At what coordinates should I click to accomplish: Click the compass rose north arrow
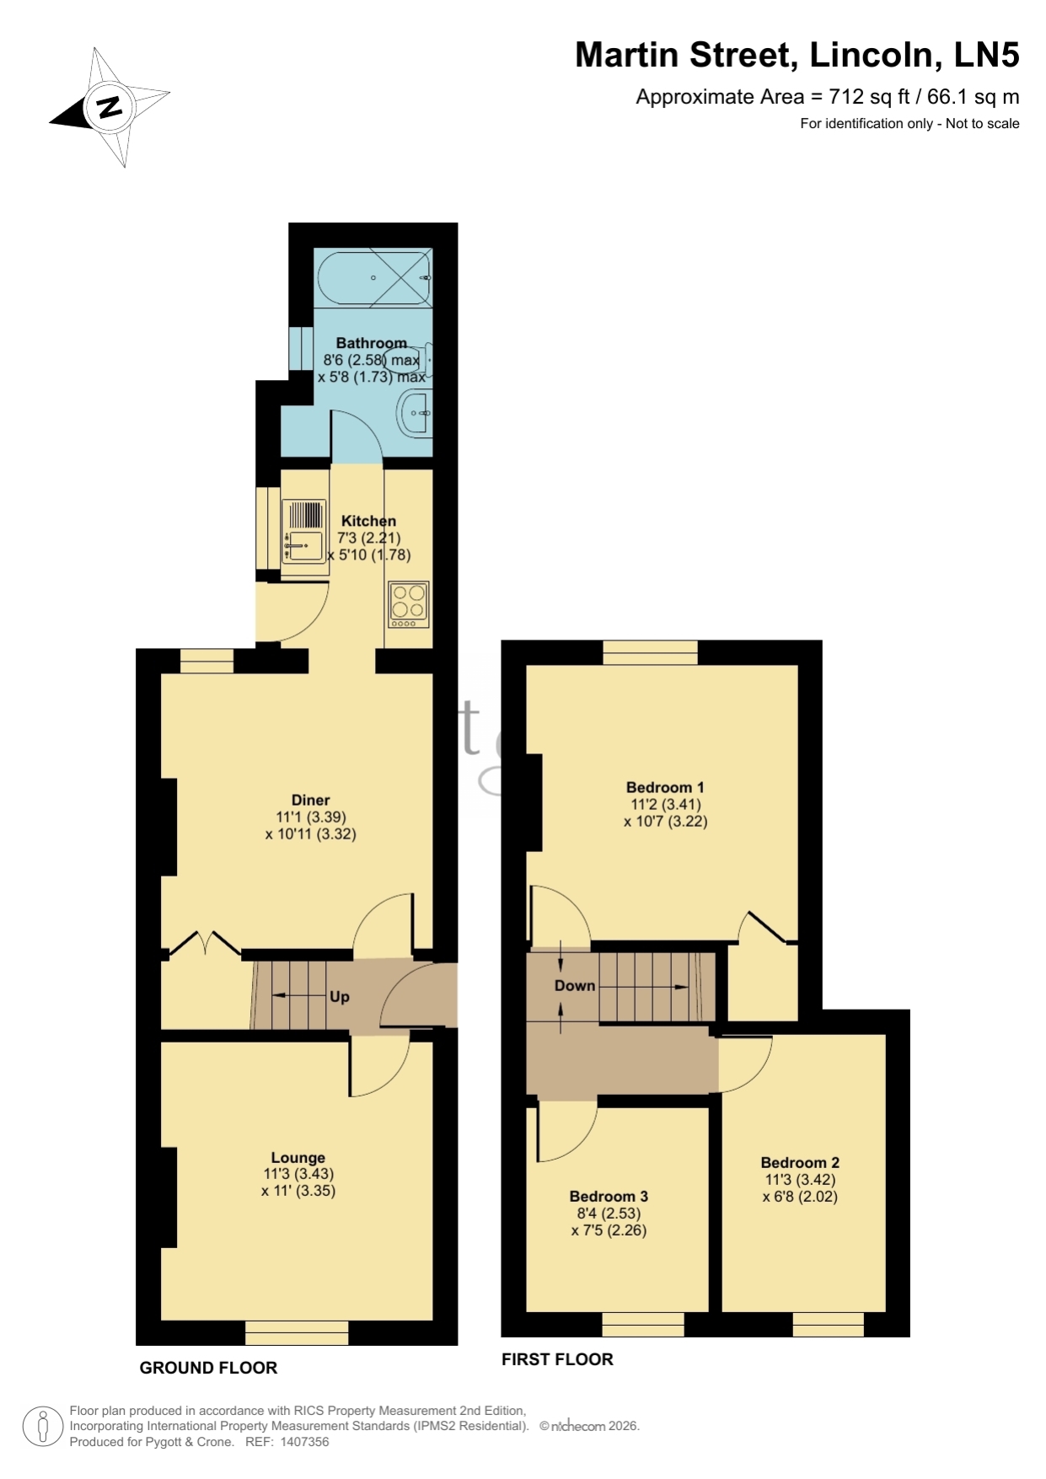click(x=109, y=107)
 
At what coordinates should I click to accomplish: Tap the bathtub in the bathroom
click(x=374, y=277)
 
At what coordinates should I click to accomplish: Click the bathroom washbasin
click(x=415, y=413)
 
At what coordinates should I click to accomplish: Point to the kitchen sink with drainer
click(x=304, y=532)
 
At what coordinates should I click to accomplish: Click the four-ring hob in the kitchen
click(x=409, y=604)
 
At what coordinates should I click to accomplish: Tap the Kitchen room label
click(x=368, y=521)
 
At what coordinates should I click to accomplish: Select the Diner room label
click(x=310, y=800)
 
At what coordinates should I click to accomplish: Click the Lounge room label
click(x=298, y=1158)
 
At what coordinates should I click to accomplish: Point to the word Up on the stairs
click(x=340, y=996)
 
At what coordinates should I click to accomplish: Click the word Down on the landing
click(x=575, y=985)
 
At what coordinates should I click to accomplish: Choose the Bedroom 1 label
click(x=665, y=788)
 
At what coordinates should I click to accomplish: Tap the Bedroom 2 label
click(x=800, y=1163)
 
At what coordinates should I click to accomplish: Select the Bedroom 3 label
click(x=609, y=1197)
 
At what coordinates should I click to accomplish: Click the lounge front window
click(x=297, y=1332)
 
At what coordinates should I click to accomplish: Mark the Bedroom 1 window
click(x=650, y=652)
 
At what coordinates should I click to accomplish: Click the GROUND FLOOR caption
click(x=208, y=1368)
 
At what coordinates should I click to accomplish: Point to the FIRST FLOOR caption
click(x=557, y=1359)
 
